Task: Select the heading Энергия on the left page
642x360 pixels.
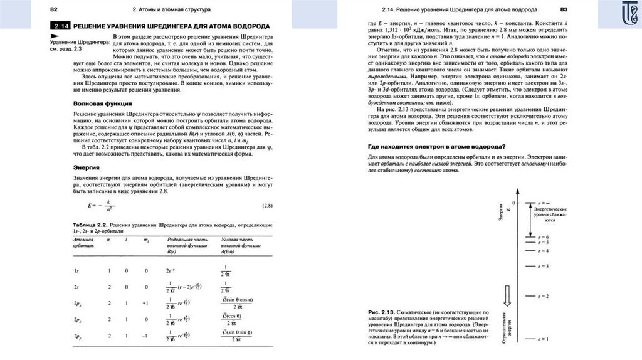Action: [x=87, y=168]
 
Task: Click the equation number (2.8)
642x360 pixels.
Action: [x=268, y=206]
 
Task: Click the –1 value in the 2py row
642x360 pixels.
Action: [x=146, y=336]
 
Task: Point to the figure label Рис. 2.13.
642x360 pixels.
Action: [x=380, y=312]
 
